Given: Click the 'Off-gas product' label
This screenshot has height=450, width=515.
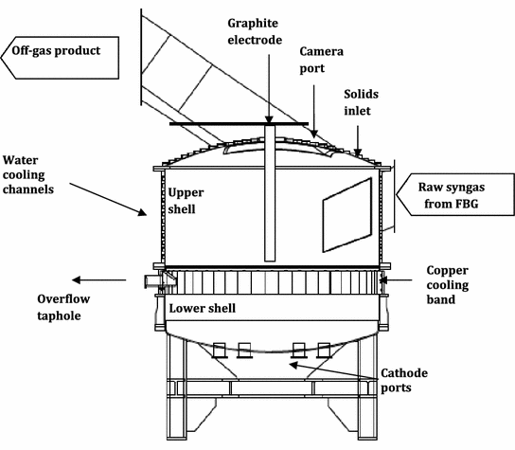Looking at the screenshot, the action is click(56, 51).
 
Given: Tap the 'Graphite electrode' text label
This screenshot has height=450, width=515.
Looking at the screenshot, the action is click(255, 31).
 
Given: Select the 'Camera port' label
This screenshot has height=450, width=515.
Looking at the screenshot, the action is click(321, 60).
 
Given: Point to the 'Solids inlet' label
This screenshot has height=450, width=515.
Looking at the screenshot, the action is click(361, 102).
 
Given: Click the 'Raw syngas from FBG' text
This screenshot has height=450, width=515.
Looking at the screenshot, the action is click(452, 195).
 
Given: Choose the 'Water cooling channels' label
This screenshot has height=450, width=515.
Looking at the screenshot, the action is click(28, 174).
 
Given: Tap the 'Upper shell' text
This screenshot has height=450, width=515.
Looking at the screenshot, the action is click(186, 201).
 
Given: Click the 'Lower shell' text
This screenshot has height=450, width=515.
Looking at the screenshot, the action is click(203, 308).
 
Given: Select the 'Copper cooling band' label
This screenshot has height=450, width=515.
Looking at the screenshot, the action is click(448, 284).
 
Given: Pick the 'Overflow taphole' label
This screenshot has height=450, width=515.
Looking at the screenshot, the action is click(63, 307).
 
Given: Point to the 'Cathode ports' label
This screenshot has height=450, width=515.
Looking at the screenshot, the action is click(404, 380).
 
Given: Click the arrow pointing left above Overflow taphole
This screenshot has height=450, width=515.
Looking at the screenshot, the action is click(98, 280).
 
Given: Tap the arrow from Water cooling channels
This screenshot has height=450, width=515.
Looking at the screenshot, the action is click(108, 199).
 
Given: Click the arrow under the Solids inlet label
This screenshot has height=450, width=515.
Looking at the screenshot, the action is click(358, 140).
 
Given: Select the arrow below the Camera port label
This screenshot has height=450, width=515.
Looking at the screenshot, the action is click(313, 112).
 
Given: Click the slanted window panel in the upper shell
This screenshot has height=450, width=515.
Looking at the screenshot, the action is click(347, 215).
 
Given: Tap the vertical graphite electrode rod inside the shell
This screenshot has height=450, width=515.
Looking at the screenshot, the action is click(270, 193).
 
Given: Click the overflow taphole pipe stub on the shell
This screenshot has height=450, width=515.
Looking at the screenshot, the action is click(152, 282).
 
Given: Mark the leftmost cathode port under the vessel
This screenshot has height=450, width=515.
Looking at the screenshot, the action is click(219, 351).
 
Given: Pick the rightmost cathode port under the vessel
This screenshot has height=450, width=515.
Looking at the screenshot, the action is click(324, 351).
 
